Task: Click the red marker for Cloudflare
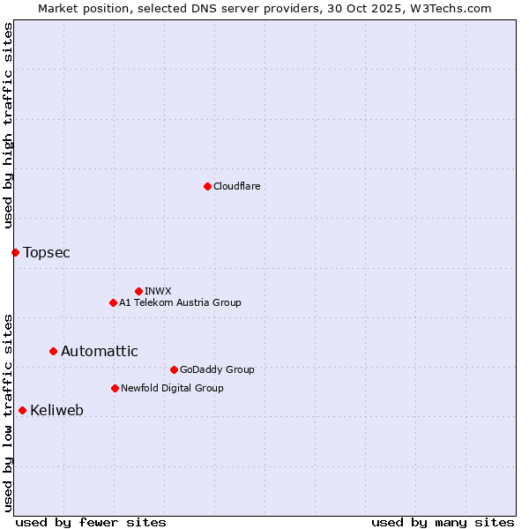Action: click(x=207, y=186)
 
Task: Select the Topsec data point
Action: click(x=15, y=253)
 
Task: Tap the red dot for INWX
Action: click(x=138, y=291)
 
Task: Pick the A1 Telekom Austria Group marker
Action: click(x=113, y=302)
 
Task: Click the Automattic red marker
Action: click(x=53, y=351)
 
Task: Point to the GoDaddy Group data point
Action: click(x=174, y=369)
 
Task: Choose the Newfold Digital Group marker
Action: click(x=115, y=388)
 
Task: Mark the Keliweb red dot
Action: click(x=22, y=410)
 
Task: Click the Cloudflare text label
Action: click(x=236, y=186)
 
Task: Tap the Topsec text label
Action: click(x=47, y=253)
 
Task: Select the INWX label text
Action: click(x=158, y=291)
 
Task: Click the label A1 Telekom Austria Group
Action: click(x=180, y=302)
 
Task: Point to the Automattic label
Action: click(x=99, y=351)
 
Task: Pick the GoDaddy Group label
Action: click(x=216, y=369)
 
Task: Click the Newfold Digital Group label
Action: click(x=172, y=388)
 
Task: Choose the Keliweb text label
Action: click(x=56, y=410)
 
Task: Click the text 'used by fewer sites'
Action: click(x=91, y=522)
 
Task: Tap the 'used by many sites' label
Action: click(x=443, y=522)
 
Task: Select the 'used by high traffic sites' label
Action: click(x=8, y=126)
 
